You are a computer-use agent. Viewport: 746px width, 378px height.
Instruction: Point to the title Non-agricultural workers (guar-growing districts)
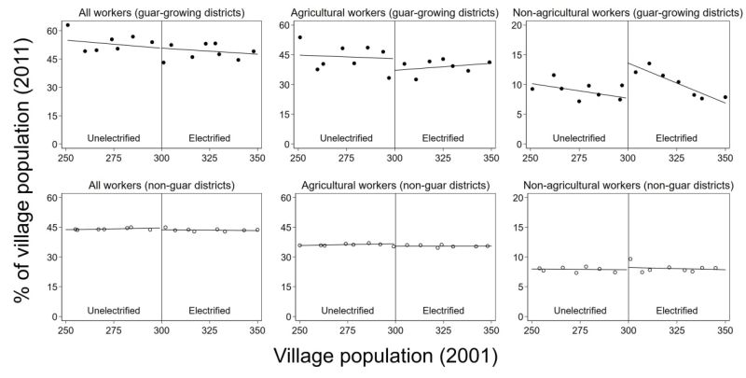pos(627,11)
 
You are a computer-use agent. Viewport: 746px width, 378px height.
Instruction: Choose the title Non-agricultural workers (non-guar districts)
pos(627,187)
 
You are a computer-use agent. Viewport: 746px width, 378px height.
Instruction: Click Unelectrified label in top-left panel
pos(114,138)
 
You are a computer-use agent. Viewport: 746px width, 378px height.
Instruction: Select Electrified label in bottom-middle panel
pos(443,309)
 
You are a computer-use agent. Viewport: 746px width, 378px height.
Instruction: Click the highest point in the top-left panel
pos(67,25)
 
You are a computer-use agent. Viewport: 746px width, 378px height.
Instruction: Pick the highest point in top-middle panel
pos(299,37)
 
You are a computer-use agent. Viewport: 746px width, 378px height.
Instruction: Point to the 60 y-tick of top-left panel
pos(52,31)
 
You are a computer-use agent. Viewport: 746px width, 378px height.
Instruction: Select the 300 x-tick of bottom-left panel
pos(161,331)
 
